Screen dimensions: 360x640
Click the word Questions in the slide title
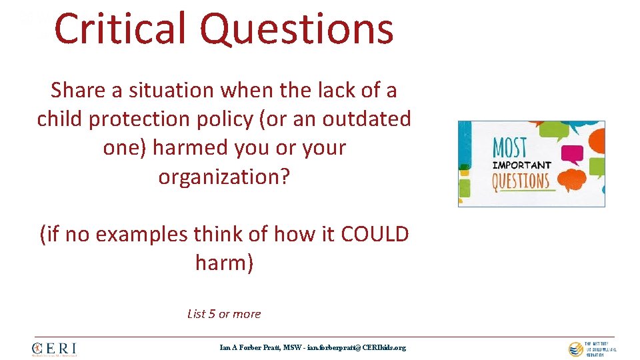tap(297, 30)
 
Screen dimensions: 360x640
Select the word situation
tap(163, 89)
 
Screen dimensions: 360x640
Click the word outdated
tap(367, 119)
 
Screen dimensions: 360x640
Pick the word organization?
tap(225, 177)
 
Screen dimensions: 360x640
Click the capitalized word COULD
tap(375, 234)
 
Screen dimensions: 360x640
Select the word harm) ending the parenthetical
tap(225, 263)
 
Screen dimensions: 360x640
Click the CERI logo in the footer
tap(55, 349)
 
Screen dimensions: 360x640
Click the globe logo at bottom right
tap(575, 349)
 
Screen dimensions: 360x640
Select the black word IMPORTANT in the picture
tap(521, 165)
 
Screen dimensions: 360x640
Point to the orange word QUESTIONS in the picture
tap(521, 181)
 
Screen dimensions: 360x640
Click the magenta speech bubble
tap(571, 155)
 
